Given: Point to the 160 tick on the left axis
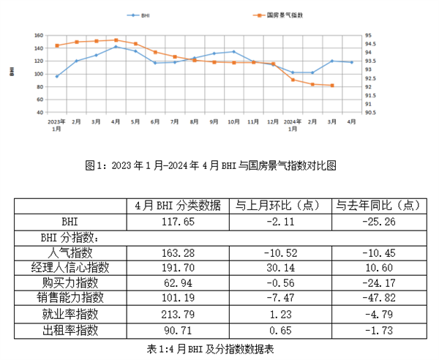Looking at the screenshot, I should (39, 35).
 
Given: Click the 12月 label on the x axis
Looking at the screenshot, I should (272, 121).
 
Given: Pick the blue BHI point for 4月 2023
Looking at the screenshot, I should (116, 47).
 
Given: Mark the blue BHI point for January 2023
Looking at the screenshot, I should (57, 76).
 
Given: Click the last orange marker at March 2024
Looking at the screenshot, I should (332, 86).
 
